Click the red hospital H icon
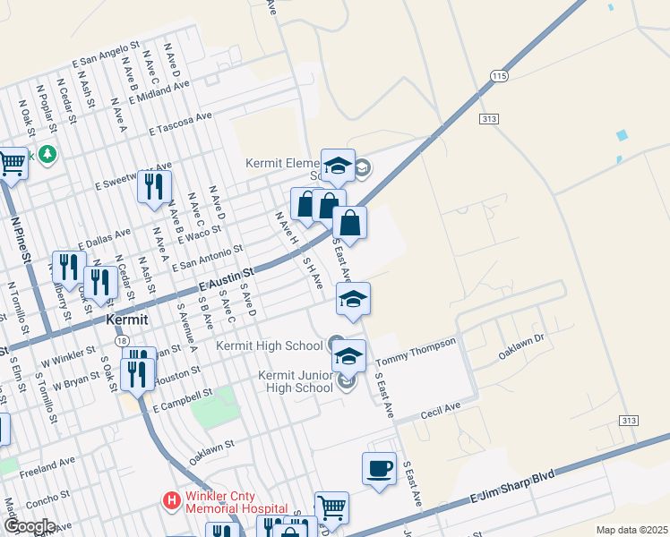(170, 500)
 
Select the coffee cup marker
(379, 468)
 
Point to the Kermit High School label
(270, 345)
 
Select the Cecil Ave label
(440, 410)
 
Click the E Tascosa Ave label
(181, 123)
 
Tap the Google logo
(29, 526)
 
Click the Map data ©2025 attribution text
(631, 530)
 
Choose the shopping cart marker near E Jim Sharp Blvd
(331, 507)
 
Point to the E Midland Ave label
(159, 93)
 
